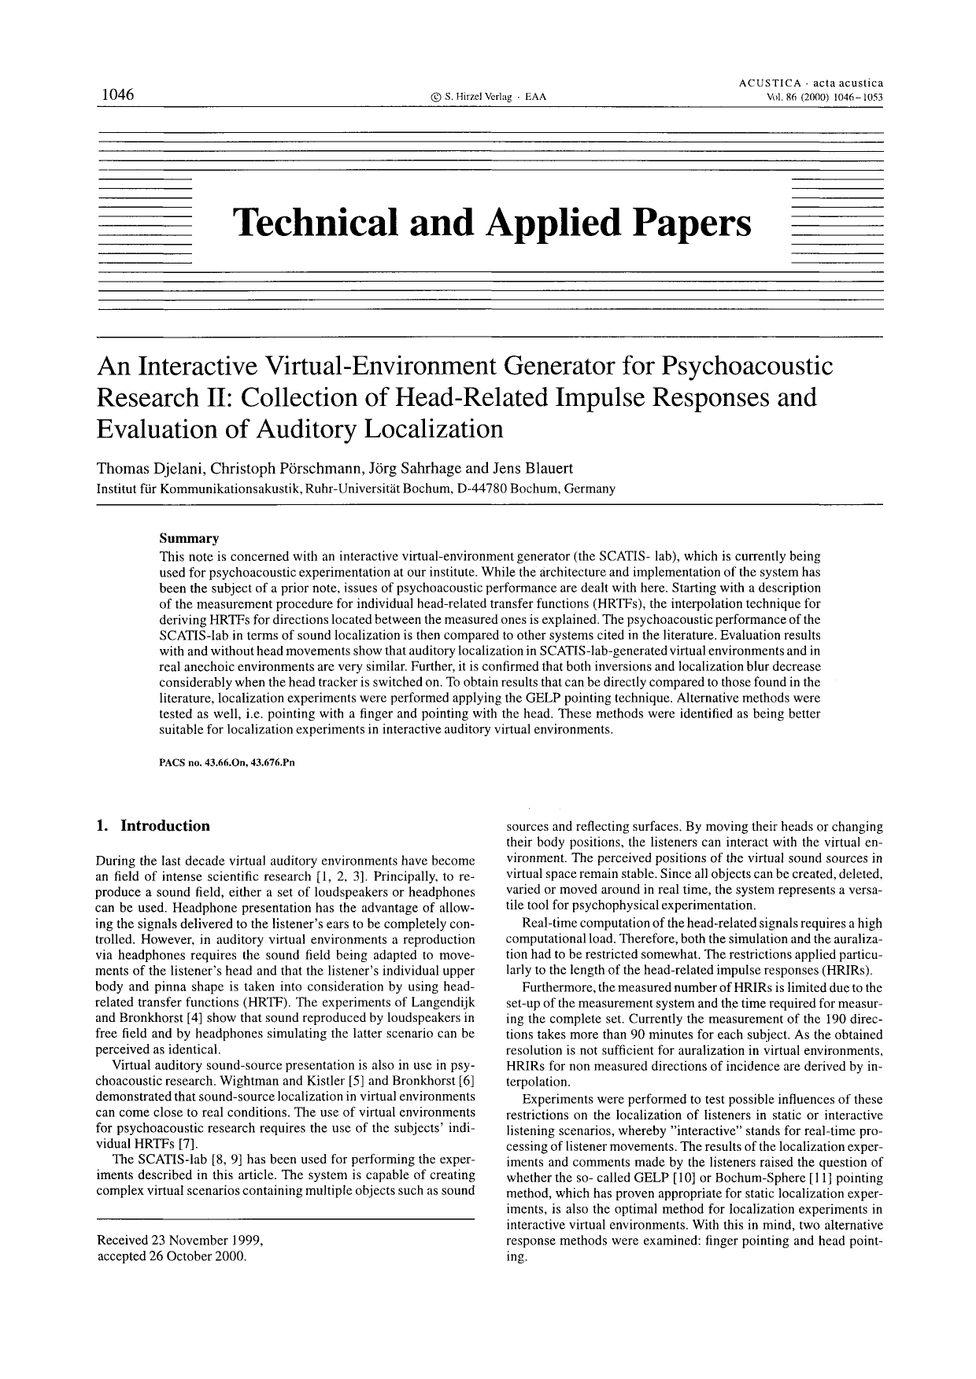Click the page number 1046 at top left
tap(116, 95)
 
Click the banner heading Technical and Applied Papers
tap(492, 223)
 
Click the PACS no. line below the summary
tap(227, 762)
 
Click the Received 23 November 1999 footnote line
tap(179, 1241)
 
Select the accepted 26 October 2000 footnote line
tap(172, 1255)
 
